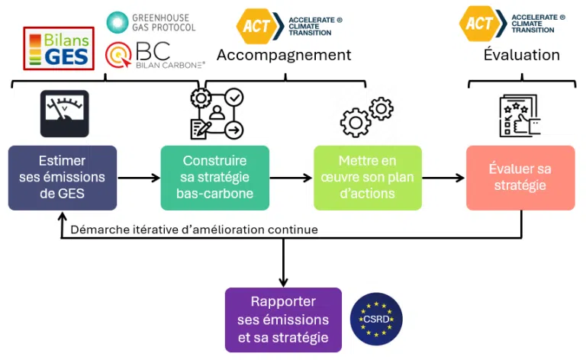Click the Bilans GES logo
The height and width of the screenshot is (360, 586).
59,48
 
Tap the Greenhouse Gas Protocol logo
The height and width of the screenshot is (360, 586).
151,22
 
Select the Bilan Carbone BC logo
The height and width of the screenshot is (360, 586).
155,55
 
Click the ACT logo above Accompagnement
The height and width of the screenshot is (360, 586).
289,26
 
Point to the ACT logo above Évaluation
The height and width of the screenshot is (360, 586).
512,24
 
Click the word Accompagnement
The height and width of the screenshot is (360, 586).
284,55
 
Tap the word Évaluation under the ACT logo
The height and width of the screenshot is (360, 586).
522,54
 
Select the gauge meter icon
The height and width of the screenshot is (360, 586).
65,114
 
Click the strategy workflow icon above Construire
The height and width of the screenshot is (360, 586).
217,114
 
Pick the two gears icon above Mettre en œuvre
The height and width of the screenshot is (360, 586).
366,117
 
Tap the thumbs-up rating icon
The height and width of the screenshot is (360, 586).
520,115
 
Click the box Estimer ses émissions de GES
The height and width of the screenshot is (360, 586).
63,178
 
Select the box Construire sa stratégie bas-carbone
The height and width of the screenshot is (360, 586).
215,178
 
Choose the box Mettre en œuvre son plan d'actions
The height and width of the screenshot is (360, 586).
368,178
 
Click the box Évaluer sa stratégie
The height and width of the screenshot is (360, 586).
520,178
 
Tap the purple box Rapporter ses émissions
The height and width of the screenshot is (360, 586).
283,320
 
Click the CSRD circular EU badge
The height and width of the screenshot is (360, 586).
376,319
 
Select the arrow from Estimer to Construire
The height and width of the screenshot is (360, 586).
139,178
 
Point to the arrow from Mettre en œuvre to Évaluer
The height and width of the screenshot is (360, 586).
443,178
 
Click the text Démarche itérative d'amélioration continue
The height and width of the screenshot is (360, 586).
194,230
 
